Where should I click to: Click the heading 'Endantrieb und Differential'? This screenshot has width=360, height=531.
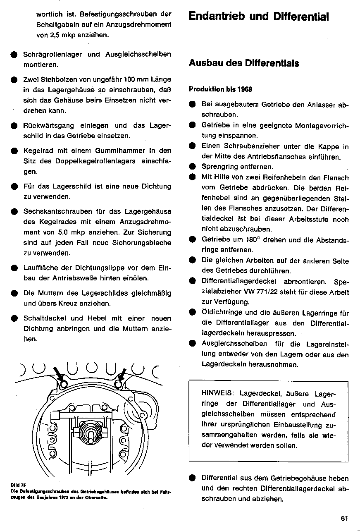click(x=258, y=17)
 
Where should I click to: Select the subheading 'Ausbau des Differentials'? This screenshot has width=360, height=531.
click(x=243, y=63)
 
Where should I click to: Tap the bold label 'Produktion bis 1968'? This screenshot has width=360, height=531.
click(x=220, y=89)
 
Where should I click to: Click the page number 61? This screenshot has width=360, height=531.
click(x=345, y=518)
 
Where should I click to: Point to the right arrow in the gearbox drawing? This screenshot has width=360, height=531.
click(x=122, y=374)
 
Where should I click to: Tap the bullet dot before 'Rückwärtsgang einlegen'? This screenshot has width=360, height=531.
click(x=14, y=126)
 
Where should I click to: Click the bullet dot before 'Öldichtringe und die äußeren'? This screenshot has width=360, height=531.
click(x=192, y=313)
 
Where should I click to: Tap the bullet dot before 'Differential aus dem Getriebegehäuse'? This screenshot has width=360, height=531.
click(x=192, y=478)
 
